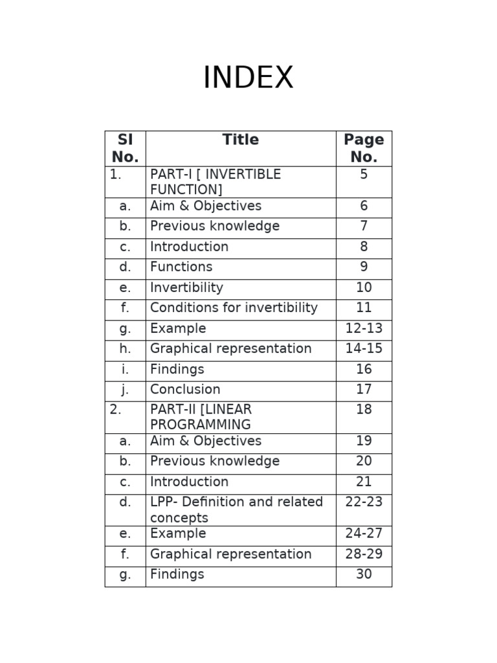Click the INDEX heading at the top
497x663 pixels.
(x=248, y=78)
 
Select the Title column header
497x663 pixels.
(x=240, y=140)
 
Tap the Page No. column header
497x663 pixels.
(x=364, y=148)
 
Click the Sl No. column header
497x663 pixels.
(x=125, y=148)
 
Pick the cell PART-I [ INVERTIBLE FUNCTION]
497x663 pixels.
(x=215, y=182)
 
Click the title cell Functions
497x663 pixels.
(x=181, y=267)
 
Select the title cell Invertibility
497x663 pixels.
(x=186, y=287)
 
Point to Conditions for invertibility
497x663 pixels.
(x=234, y=308)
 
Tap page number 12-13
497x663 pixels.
(x=364, y=328)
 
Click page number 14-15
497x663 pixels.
(x=364, y=348)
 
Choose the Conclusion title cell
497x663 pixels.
(x=185, y=389)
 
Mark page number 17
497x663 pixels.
(x=364, y=389)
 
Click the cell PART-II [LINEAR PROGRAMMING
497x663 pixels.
(x=201, y=417)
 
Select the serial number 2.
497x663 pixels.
(x=116, y=409)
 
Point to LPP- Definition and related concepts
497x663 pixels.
(x=236, y=510)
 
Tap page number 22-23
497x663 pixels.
(x=364, y=502)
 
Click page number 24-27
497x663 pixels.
(x=364, y=534)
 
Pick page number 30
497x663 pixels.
(x=364, y=574)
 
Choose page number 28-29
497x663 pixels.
(x=364, y=554)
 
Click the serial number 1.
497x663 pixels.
(x=116, y=174)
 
